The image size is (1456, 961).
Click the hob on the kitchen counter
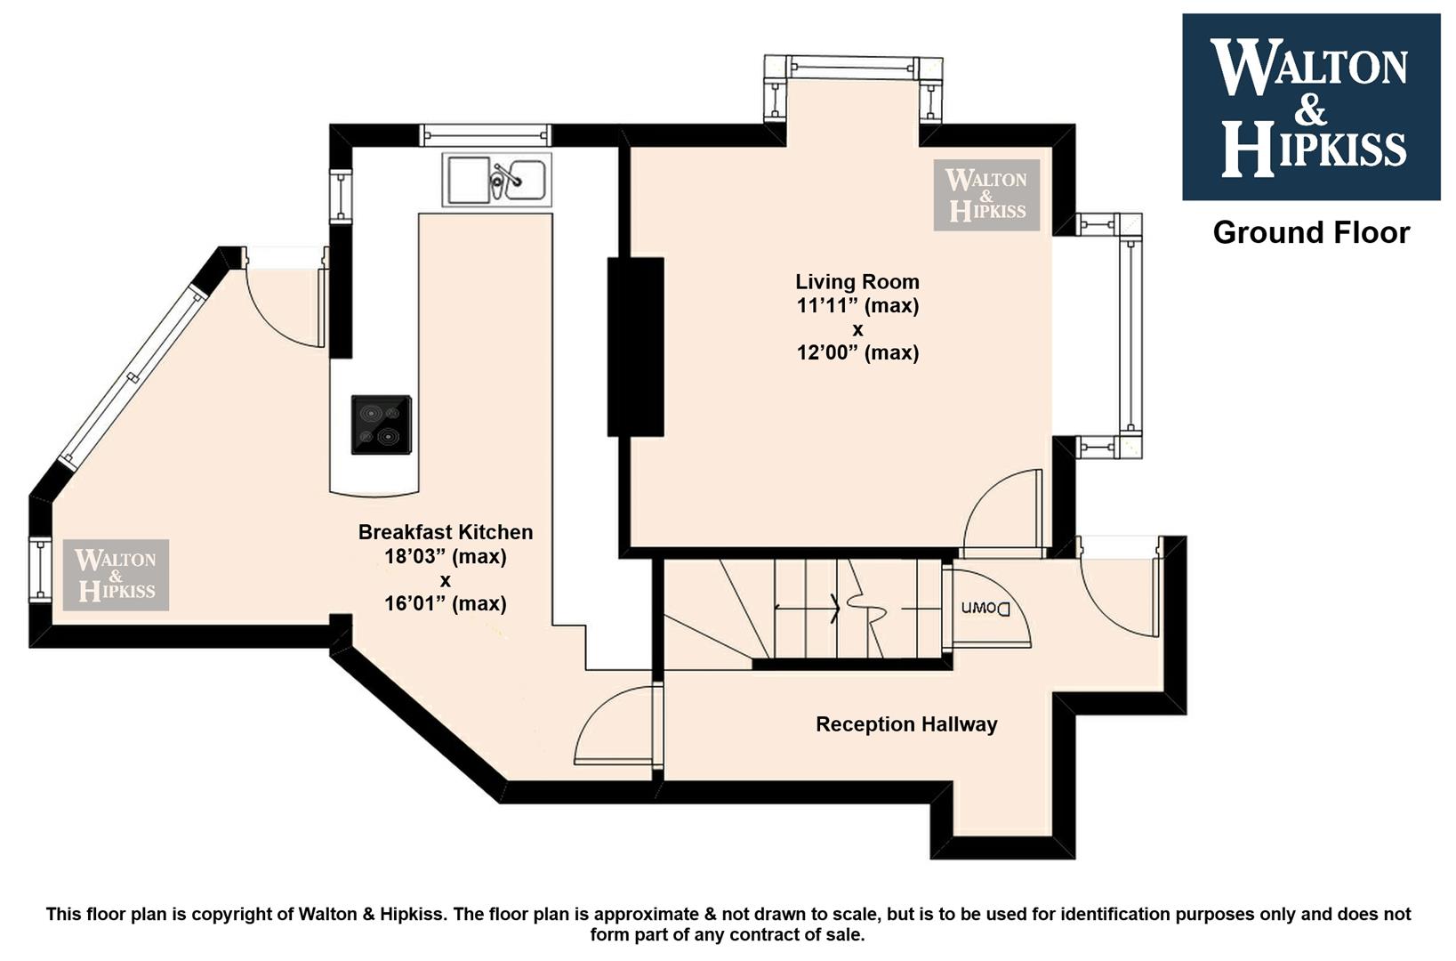pos(382,424)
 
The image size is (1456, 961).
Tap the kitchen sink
pos(496,180)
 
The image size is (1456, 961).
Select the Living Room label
pos(857,281)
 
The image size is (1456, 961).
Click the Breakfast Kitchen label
pos(446,532)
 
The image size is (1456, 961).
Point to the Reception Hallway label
pos(906,723)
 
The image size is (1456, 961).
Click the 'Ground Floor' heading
pos(1311,233)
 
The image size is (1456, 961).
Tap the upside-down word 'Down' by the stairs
pos(986,609)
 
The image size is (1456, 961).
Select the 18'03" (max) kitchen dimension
pos(446,556)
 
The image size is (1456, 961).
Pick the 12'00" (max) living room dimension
pos(858,352)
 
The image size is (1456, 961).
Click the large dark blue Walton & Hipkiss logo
pos(1311,107)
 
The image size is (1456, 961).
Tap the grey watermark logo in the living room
pos(986,195)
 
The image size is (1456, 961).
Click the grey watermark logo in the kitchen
pos(116,575)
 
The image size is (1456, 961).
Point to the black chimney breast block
pos(636,346)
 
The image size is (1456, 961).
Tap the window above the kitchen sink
pos(486,135)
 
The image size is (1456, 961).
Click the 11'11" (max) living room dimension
pos(858,305)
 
